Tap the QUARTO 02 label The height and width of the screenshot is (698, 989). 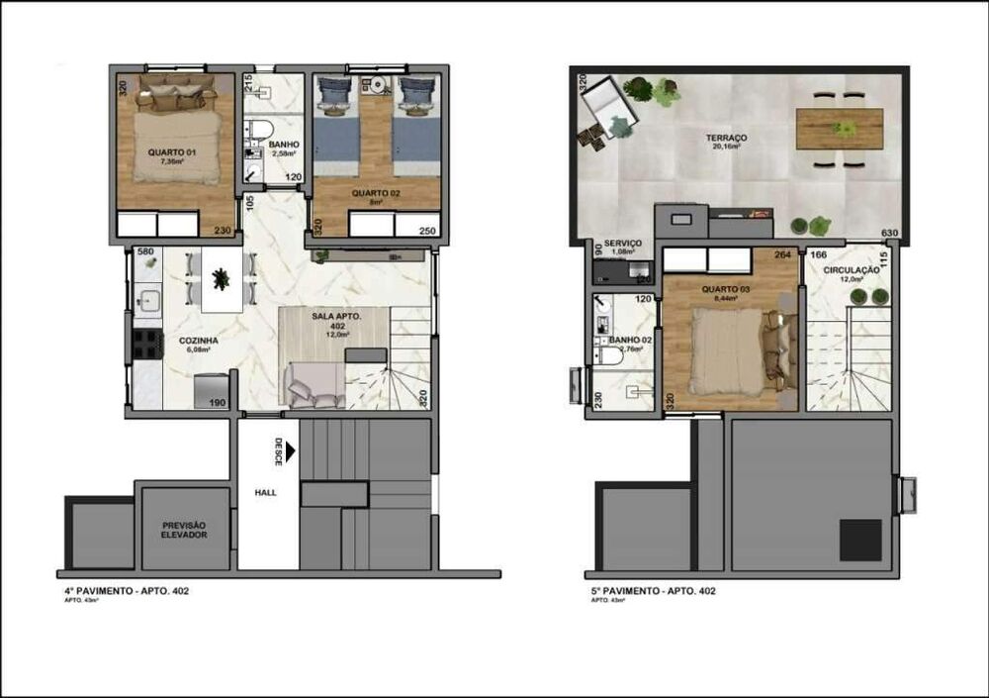coord(376,193)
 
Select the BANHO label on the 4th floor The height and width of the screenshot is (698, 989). coord(284,145)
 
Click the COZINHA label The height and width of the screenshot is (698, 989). coord(198,340)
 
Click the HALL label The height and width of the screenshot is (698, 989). coord(266,491)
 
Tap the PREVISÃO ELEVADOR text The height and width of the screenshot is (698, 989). coord(186,530)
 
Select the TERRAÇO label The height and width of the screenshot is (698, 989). coord(698,138)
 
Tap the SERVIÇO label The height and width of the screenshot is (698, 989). coord(622,243)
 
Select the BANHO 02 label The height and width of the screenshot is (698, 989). coord(629,341)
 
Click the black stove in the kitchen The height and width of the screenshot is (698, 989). coord(147,344)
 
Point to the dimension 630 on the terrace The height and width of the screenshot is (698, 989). coord(890,234)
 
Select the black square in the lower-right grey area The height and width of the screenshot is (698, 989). coord(859,540)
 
